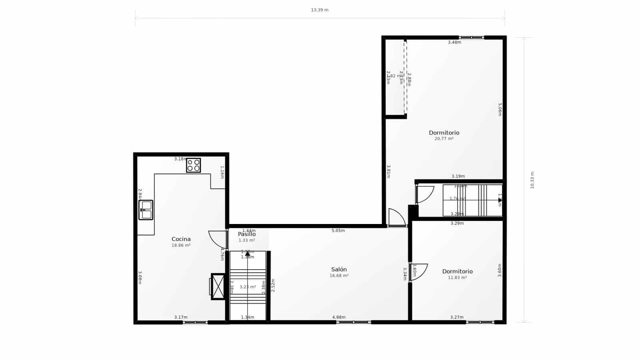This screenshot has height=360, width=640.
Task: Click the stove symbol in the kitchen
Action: click(x=193, y=165)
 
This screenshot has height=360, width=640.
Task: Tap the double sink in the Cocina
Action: click(x=146, y=210)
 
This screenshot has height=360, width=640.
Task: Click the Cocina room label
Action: click(x=181, y=239)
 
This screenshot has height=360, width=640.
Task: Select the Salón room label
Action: click(x=339, y=269)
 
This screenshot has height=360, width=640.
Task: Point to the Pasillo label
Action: click(x=246, y=234)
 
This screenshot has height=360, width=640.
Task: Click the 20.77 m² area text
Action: click(x=444, y=139)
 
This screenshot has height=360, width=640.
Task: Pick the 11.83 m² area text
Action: click(x=457, y=278)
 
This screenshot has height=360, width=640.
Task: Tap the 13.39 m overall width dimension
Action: click(x=320, y=10)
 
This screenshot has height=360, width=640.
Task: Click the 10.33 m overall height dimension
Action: click(x=532, y=180)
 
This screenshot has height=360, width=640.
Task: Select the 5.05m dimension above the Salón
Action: click(x=338, y=230)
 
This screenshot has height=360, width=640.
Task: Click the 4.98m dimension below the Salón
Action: click(x=339, y=317)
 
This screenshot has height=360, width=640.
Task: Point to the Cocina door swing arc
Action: click(x=216, y=240)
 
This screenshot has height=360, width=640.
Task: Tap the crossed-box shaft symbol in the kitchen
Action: click(x=218, y=286)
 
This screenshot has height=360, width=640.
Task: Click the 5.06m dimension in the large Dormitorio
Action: click(x=500, y=110)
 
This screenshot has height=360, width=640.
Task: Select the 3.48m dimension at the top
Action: click(x=454, y=42)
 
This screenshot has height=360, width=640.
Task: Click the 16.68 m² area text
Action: click(x=339, y=276)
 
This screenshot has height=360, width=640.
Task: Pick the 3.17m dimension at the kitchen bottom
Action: click(x=181, y=317)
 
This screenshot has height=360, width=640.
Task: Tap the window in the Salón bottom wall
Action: click(x=354, y=322)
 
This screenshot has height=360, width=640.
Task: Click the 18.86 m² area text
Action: click(x=181, y=246)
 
